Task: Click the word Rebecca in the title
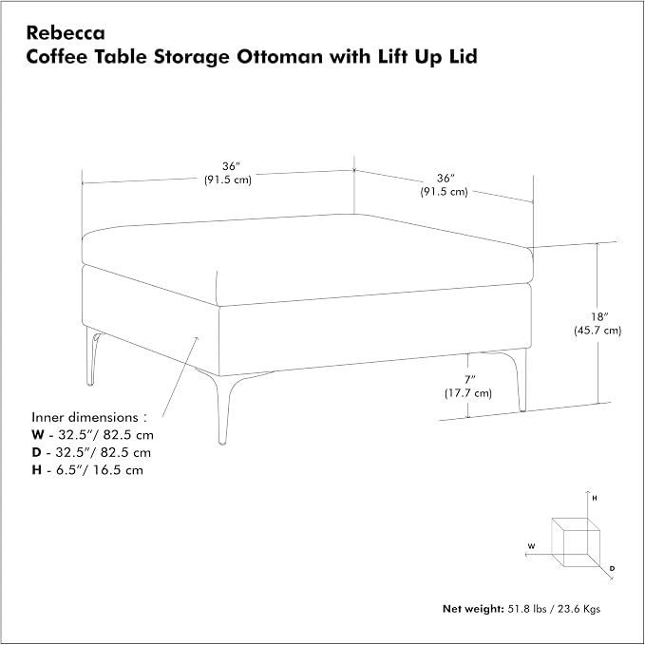point(66,33)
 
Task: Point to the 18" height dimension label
point(599,316)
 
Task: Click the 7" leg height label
point(470,379)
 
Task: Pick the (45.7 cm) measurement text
point(598,331)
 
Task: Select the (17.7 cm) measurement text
point(468,393)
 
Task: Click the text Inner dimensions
point(85,417)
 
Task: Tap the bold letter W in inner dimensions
point(37,435)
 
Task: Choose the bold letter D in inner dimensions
point(37,452)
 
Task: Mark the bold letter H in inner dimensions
point(37,470)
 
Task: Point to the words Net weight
point(473,609)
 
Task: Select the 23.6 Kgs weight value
point(579,609)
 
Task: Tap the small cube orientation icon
point(576,542)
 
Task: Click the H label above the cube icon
point(595,498)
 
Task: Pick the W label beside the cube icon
point(531,546)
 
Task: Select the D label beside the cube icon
point(612,568)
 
